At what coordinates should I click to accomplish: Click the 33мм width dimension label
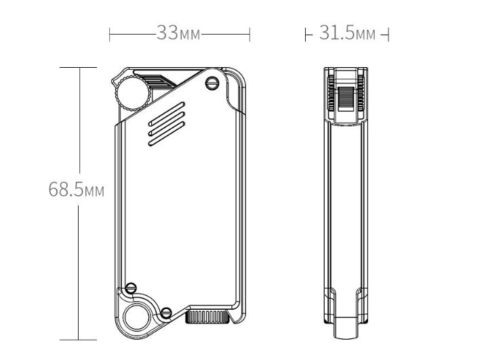[x=179, y=33]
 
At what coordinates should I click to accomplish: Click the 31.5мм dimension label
[x=347, y=33]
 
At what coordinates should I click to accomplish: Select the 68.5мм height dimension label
[x=77, y=189]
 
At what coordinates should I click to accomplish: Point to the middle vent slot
[x=166, y=123]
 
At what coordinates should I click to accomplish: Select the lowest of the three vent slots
[x=166, y=134]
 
